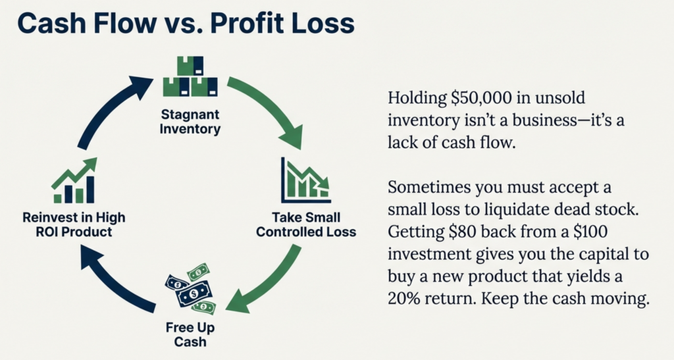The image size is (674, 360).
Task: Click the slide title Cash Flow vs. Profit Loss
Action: pos(186,23)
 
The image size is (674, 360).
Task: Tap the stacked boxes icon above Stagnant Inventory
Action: pos(190,76)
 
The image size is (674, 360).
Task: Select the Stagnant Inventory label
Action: pos(190,122)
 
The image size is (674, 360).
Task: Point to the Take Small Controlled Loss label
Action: pos(306,224)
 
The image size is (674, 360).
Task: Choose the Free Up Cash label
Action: pos(190,334)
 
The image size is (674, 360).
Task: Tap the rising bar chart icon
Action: pos(74,180)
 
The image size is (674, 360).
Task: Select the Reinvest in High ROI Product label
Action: pos(74,224)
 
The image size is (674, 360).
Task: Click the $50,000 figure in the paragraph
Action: pos(481,98)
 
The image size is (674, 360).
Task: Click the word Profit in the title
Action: pos(247,23)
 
